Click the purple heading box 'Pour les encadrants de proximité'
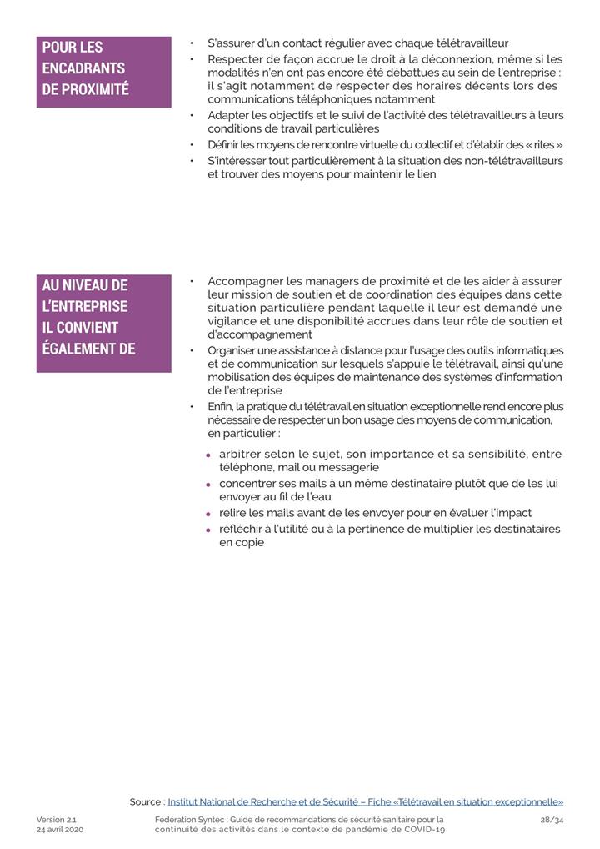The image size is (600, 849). (103, 71)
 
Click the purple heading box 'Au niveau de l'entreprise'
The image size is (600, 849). (103, 323)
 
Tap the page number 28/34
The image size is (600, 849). (552, 820)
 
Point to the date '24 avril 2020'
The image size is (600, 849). (60, 831)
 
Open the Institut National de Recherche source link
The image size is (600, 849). (365, 802)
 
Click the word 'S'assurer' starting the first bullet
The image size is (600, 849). (231, 43)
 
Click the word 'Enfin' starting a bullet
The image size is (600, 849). (220, 406)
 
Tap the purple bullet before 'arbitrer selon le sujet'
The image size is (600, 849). (207, 455)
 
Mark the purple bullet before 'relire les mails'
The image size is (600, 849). (207, 514)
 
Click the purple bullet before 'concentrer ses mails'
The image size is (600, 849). (207, 485)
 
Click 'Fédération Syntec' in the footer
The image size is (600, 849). (188, 820)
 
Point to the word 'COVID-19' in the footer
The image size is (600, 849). (424, 831)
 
